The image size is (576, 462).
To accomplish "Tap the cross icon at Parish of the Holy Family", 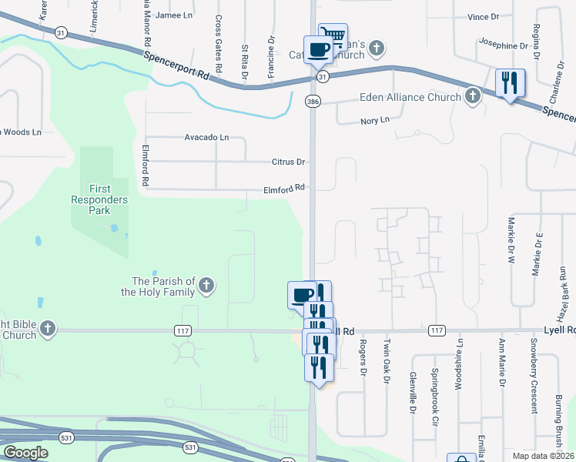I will [206, 286].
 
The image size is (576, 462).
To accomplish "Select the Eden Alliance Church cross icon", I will [473, 97].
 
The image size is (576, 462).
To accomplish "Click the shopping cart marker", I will [332, 37].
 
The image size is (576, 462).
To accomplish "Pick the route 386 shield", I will [312, 101].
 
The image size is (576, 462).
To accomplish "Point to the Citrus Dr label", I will [289, 162].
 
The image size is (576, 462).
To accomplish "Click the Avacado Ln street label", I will [206, 137].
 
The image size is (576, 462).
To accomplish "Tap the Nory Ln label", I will [375, 121].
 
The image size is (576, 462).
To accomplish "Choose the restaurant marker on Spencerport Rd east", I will [510, 82].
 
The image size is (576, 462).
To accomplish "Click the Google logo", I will [26, 453].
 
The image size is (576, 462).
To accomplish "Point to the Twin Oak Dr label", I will [387, 361].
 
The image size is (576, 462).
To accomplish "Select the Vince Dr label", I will [484, 16].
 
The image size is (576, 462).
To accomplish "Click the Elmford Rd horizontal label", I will [284, 187].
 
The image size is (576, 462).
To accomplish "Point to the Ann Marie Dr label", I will [502, 362].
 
